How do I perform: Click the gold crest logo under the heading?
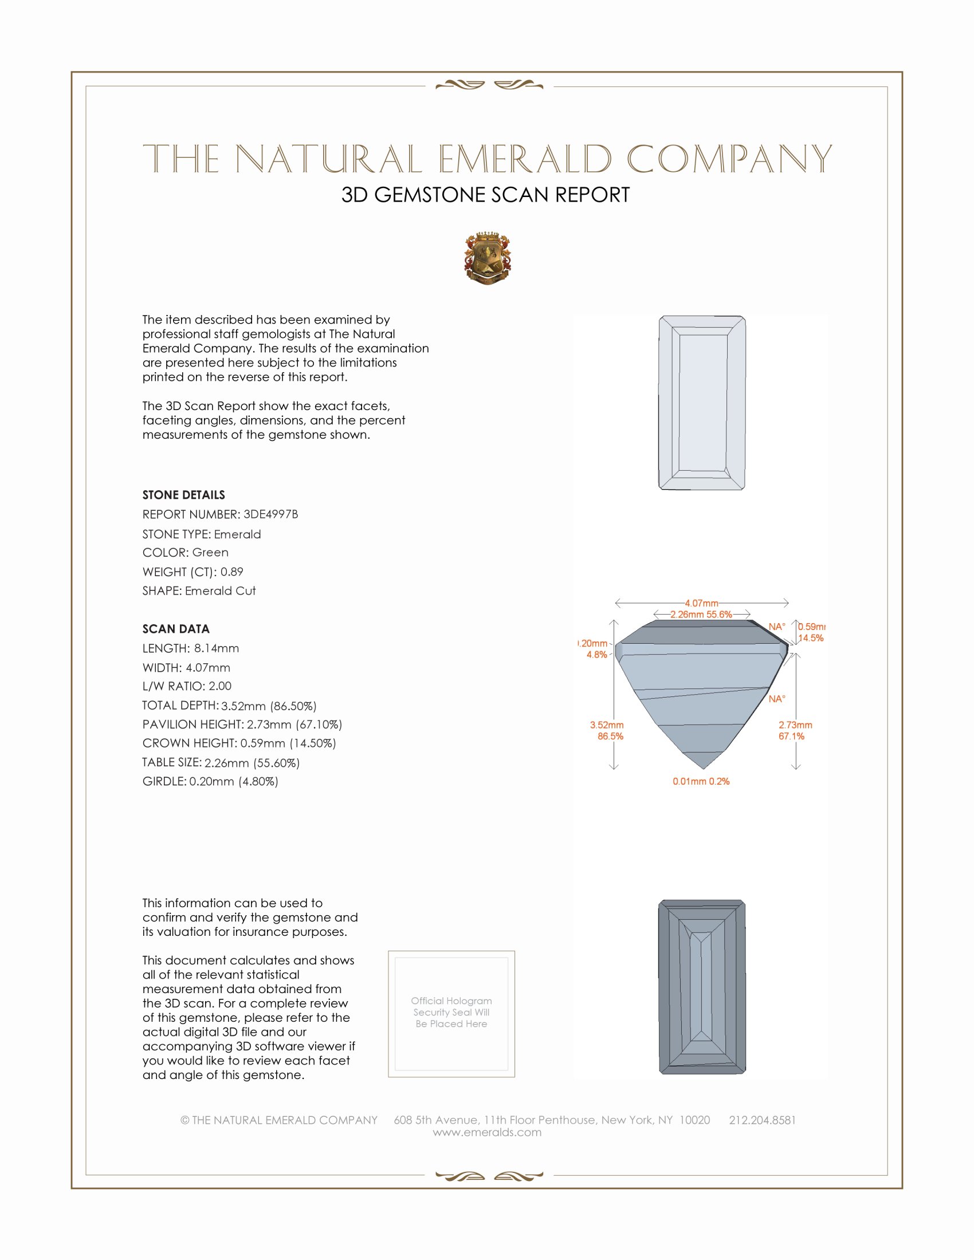click(488, 258)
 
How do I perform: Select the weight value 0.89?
click(231, 572)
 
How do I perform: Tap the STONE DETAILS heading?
click(183, 495)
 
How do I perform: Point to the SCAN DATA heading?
click(176, 629)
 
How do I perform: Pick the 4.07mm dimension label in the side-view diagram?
click(701, 604)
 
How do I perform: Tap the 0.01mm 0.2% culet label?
click(701, 781)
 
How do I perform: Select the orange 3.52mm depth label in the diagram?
click(606, 725)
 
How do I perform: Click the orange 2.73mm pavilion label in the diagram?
click(795, 725)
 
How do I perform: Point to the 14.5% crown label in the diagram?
click(811, 638)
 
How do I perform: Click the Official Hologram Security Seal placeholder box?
click(451, 1014)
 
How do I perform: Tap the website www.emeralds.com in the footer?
click(487, 1132)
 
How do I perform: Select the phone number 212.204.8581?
click(762, 1120)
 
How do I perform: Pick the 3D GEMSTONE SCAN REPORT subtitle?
click(485, 195)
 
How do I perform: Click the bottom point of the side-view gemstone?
click(703, 769)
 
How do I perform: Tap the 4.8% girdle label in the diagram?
click(596, 655)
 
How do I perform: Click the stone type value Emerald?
click(237, 534)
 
